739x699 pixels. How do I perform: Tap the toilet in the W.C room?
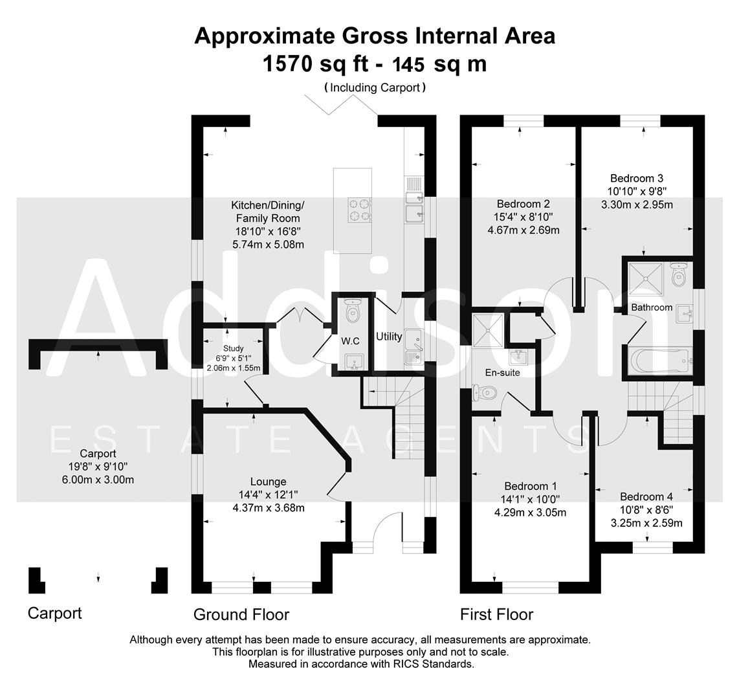click(x=353, y=312)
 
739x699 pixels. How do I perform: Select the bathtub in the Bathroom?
click(x=660, y=360)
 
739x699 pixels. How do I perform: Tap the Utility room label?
click(x=389, y=337)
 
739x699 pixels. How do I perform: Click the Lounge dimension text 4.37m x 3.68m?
click(x=269, y=507)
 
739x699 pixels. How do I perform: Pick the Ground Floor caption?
click(x=241, y=614)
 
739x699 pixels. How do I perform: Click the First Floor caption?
click(x=496, y=614)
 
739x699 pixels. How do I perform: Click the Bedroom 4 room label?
click(x=646, y=496)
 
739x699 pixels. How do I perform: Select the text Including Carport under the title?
click(x=375, y=87)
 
